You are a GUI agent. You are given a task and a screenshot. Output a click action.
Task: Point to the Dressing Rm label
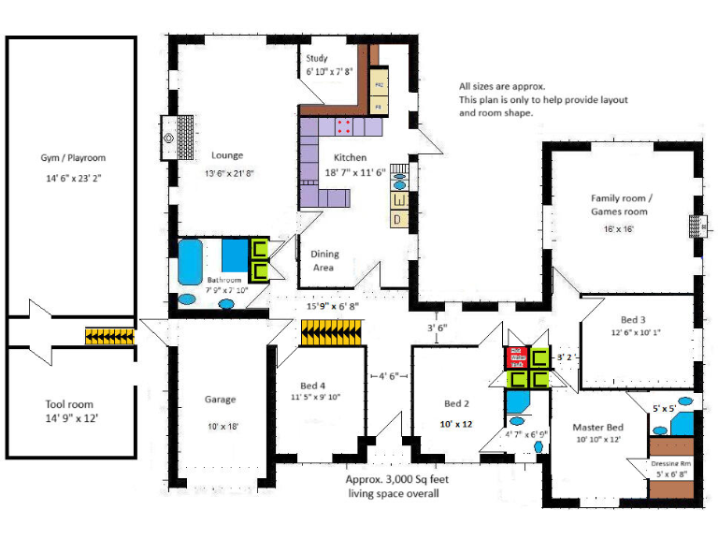click(672, 463)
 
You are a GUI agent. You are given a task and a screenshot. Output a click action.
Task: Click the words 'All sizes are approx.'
click(495, 86)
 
